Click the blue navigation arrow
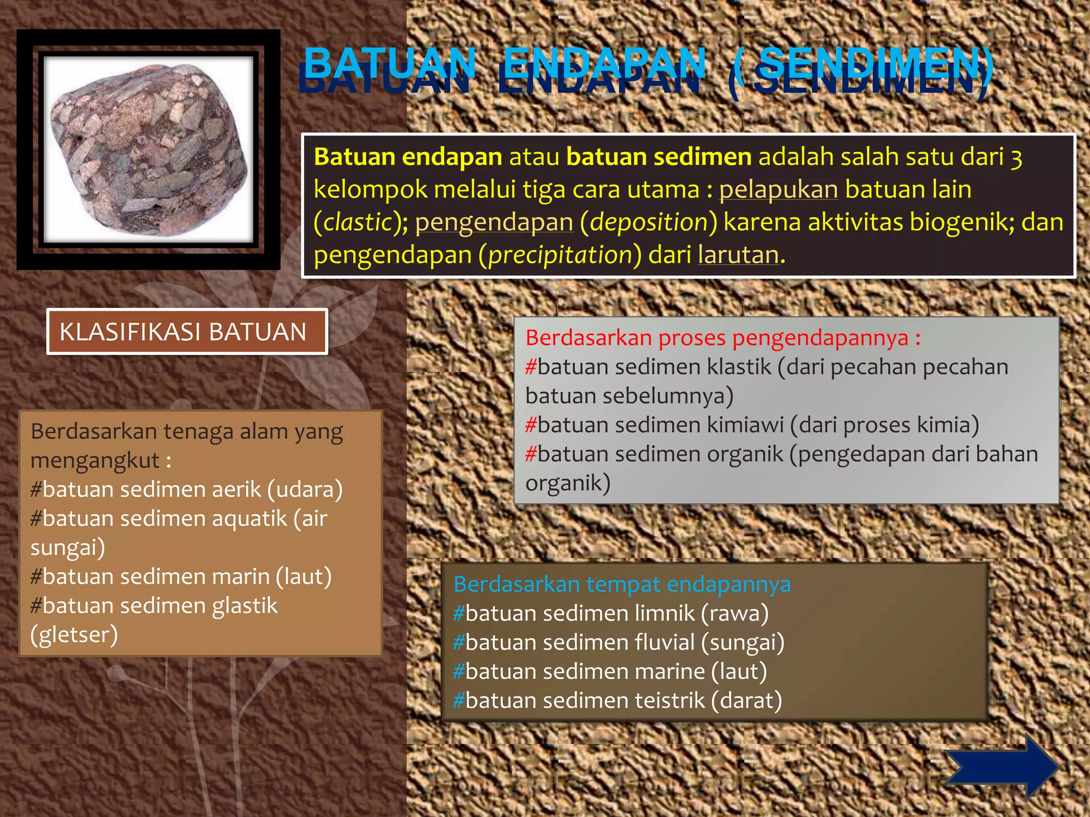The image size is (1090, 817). point(1001,766)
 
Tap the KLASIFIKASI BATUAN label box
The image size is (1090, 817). point(187,332)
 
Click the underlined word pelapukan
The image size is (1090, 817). point(778,190)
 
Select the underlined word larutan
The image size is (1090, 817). point(738,255)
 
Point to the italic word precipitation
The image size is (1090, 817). point(560,255)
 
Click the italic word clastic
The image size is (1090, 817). point(357,222)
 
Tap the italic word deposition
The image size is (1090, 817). point(648,222)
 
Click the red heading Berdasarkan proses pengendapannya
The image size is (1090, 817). point(722,338)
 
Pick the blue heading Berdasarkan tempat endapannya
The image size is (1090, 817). point(622,584)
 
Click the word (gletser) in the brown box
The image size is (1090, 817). point(74,635)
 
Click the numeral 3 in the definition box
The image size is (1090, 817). point(1016,158)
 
